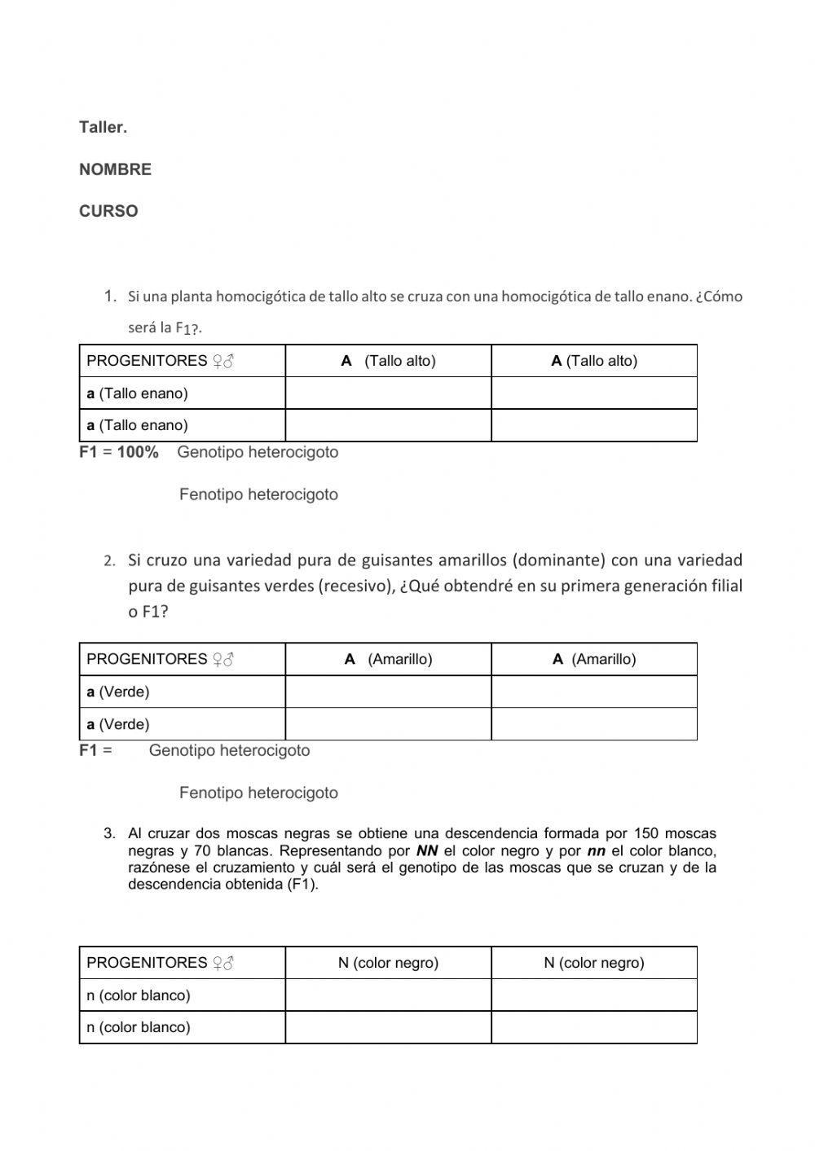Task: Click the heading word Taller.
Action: point(103,127)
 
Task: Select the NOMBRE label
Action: point(115,169)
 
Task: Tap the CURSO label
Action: point(108,211)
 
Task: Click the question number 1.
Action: point(111,296)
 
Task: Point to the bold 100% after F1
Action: point(138,452)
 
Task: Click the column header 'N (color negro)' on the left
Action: point(388,963)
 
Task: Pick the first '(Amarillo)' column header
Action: point(399,659)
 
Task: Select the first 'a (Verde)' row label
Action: point(118,692)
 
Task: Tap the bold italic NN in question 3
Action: point(427,851)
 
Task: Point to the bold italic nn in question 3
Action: point(596,851)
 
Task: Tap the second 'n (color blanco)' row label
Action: point(139,1027)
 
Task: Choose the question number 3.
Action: point(109,833)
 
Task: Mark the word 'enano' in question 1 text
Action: point(659,296)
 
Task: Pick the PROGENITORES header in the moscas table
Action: point(147,963)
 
